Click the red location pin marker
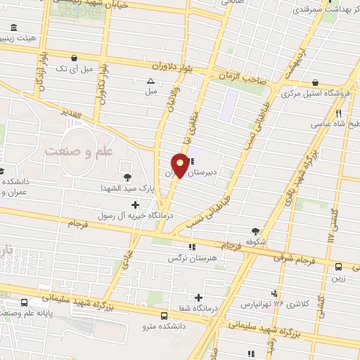pos(181,167)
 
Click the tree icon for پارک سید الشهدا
pos(127,177)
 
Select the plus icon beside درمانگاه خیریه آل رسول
pos(136,204)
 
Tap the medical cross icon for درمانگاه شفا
pos(199,297)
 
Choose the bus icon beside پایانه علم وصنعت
pos(25,302)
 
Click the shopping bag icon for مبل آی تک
pos(73,58)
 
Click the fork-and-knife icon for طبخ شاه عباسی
pos(338,112)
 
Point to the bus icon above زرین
pos(338,266)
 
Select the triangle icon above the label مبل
pos(150,80)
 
